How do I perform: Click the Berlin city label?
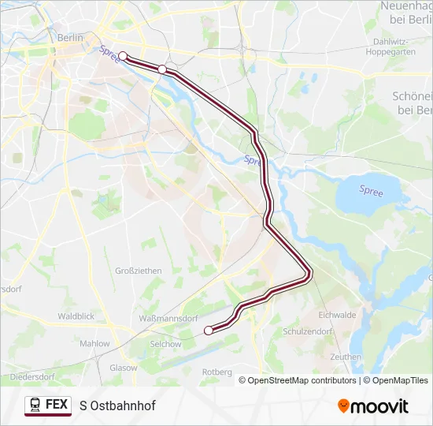[x=70, y=37]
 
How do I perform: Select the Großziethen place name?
[x=139, y=271]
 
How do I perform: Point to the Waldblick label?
[x=76, y=316]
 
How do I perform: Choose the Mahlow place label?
[x=95, y=344]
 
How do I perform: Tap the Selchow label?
[x=166, y=344]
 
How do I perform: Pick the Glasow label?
[x=124, y=368]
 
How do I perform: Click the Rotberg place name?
[x=217, y=372]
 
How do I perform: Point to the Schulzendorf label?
[x=331, y=332]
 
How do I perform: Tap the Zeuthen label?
[x=346, y=357]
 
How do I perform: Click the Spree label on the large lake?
[x=371, y=190]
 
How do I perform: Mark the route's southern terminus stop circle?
[x=208, y=331]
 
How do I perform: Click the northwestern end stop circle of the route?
[x=123, y=56]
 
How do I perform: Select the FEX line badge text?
[x=57, y=405]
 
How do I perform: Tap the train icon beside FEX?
[x=35, y=405]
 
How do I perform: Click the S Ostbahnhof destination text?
[x=117, y=405]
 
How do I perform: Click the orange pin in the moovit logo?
[x=343, y=405]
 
